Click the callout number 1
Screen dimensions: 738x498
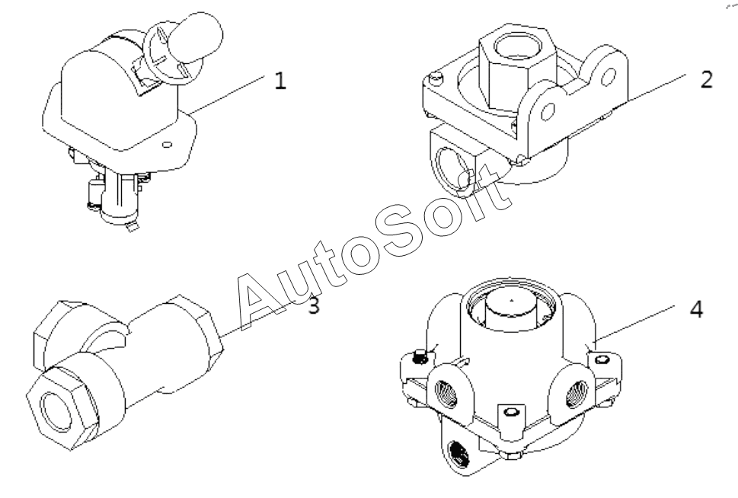point(280,81)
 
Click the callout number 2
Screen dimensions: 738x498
point(706,79)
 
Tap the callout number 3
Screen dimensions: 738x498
point(314,305)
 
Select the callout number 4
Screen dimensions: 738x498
point(696,309)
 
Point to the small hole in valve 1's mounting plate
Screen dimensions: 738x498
point(166,144)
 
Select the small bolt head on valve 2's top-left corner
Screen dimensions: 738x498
point(436,77)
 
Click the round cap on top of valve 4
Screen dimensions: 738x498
point(511,311)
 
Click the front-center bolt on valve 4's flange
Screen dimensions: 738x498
point(511,413)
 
